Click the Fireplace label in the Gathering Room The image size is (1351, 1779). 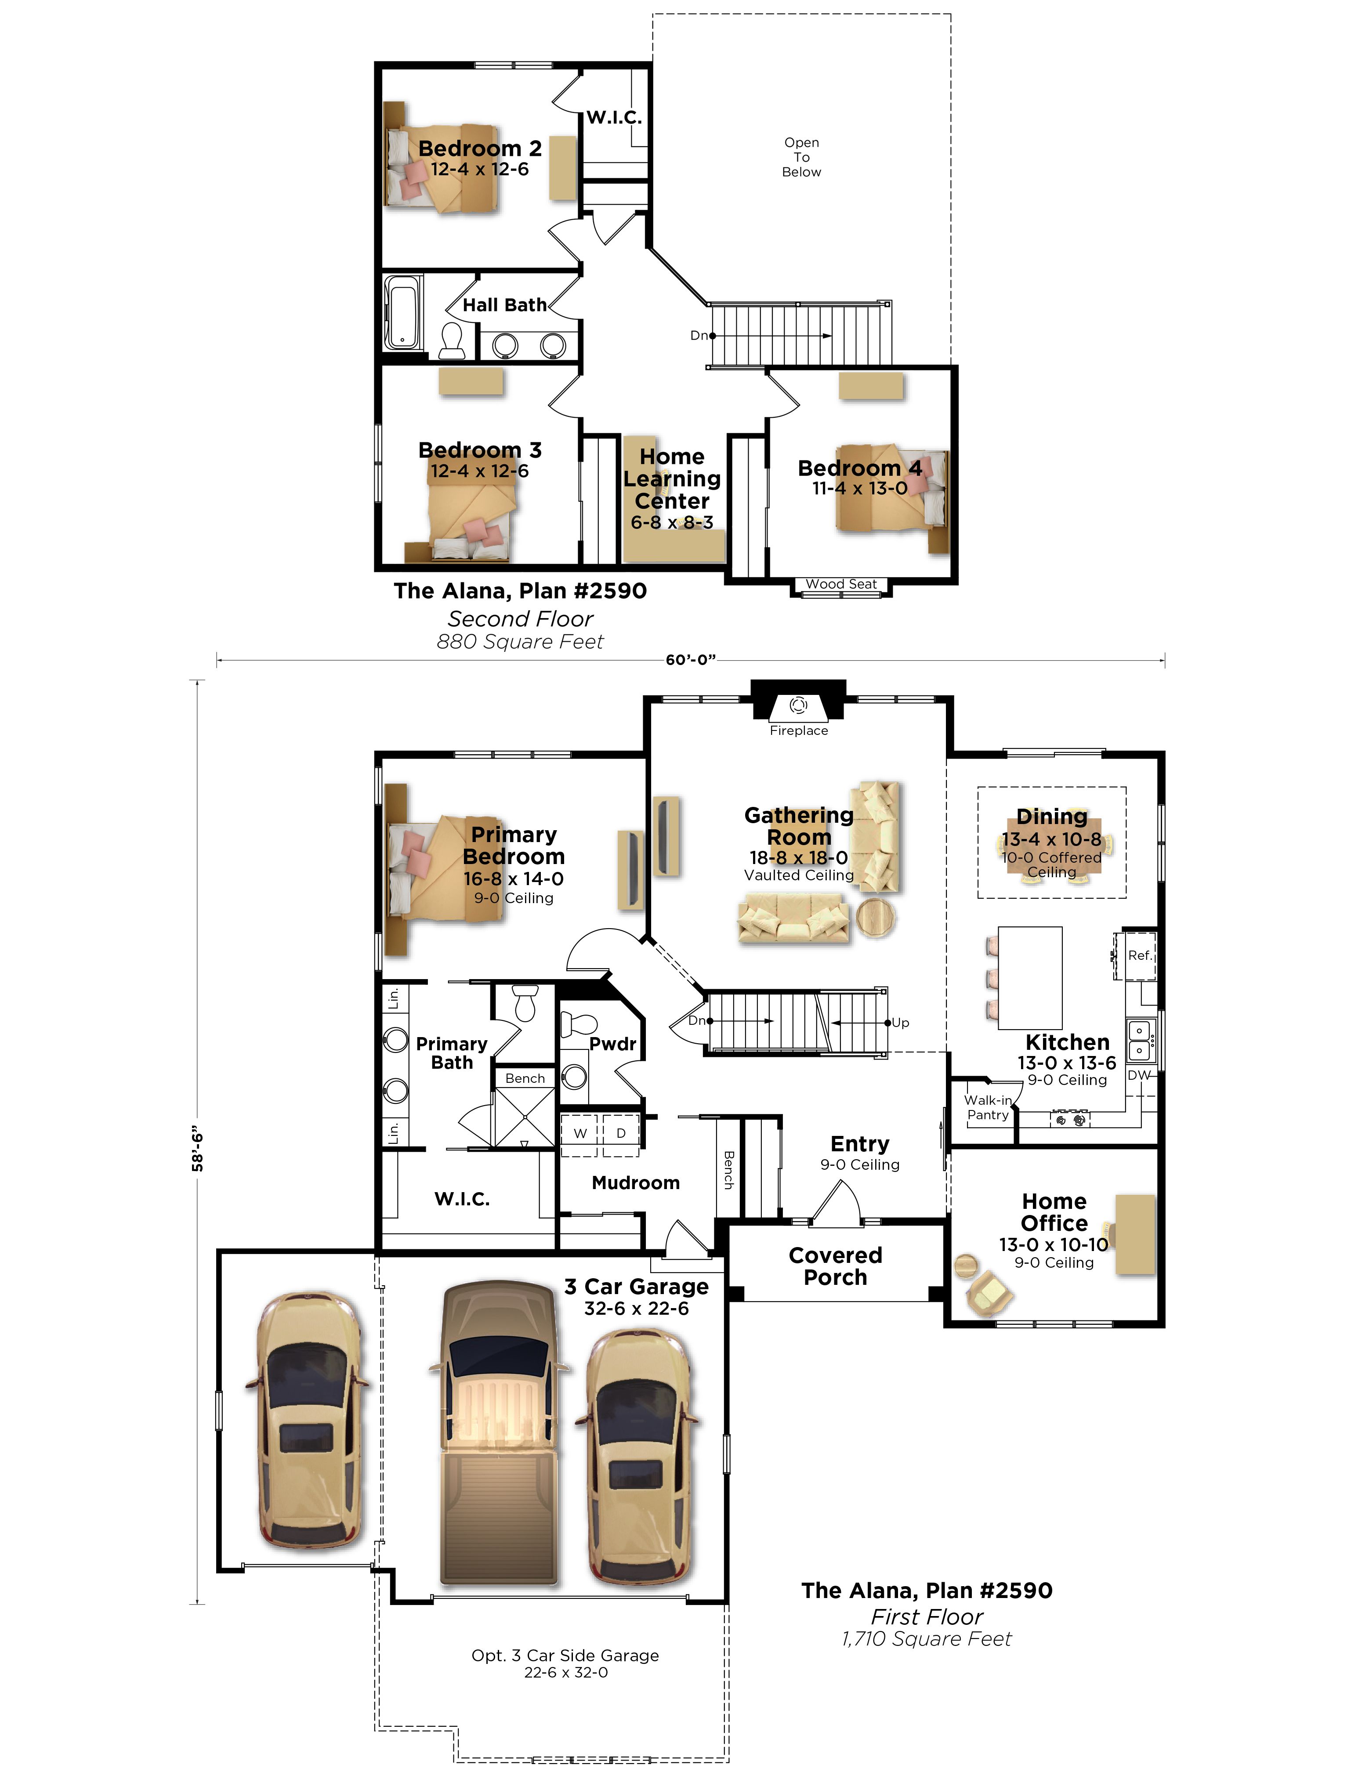coord(798,730)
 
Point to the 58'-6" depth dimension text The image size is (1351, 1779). coord(197,1150)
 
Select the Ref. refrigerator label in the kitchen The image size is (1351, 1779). coord(1139,955)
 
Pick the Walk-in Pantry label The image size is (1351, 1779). coord(988,1107)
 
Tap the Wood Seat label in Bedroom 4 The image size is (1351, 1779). coord(841,584)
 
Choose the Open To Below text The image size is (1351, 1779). coord(801,157)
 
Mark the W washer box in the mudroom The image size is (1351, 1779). coord(580,1134)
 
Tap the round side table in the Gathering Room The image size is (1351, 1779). coord(876,918)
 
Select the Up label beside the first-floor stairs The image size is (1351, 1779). coord(900,1023)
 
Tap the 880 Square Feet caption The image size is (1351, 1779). coord(520,642)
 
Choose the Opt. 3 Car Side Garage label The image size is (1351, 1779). coord(565,1655)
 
